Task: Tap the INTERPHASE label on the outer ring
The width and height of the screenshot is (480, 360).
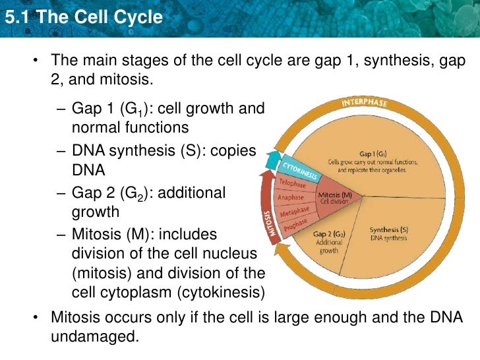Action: click(x=364, y=104)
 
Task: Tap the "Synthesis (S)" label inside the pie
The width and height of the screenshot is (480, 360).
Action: click(x=389, y=229)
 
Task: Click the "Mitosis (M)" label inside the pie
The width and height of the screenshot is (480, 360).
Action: click(x=335, y=195)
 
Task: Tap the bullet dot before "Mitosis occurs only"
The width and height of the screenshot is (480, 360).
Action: click(x=37, y=318)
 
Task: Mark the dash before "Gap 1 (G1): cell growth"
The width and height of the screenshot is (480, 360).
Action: click(x=60, y=109)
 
